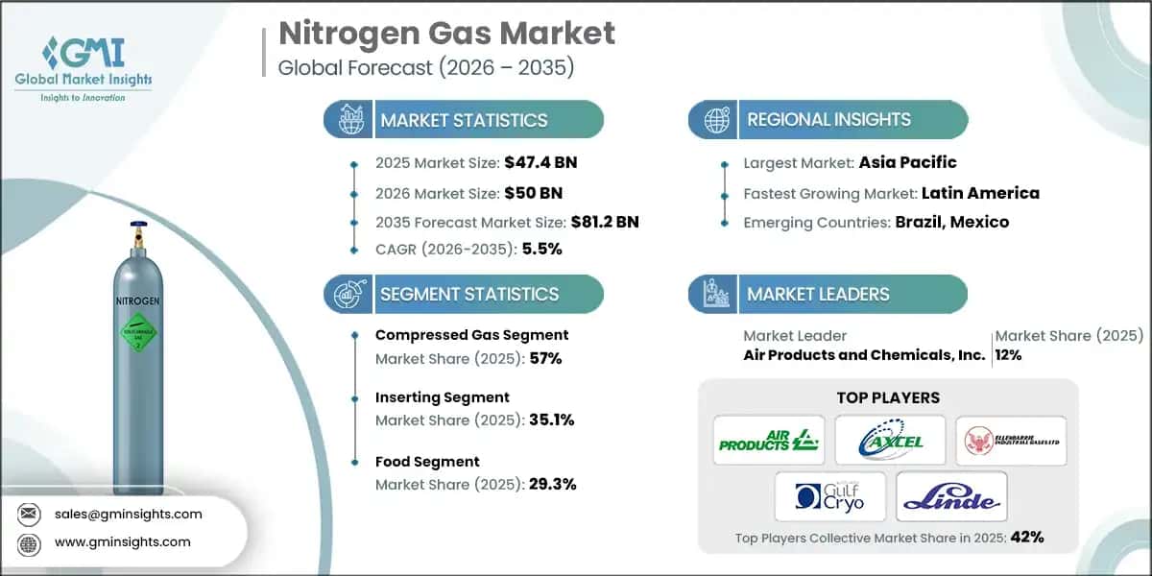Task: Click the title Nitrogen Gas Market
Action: tap(446, 35)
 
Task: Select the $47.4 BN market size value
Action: tap(540, 161)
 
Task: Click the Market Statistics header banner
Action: tap(464, 120)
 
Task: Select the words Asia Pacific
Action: tap(907, 162)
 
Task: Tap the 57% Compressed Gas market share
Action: tap(543, 359)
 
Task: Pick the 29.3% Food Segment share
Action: tap(552, 484)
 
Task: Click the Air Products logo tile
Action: tap(769, 441)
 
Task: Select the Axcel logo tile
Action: tap(889, 441)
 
